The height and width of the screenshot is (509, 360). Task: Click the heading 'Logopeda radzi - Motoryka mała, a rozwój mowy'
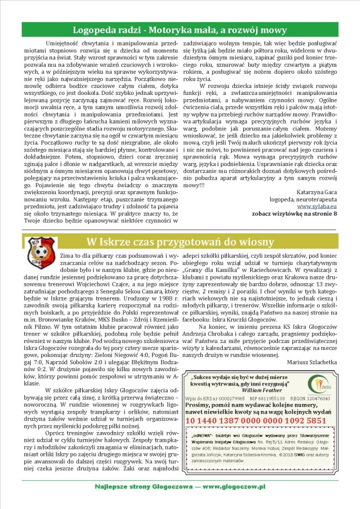click(180, 29)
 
